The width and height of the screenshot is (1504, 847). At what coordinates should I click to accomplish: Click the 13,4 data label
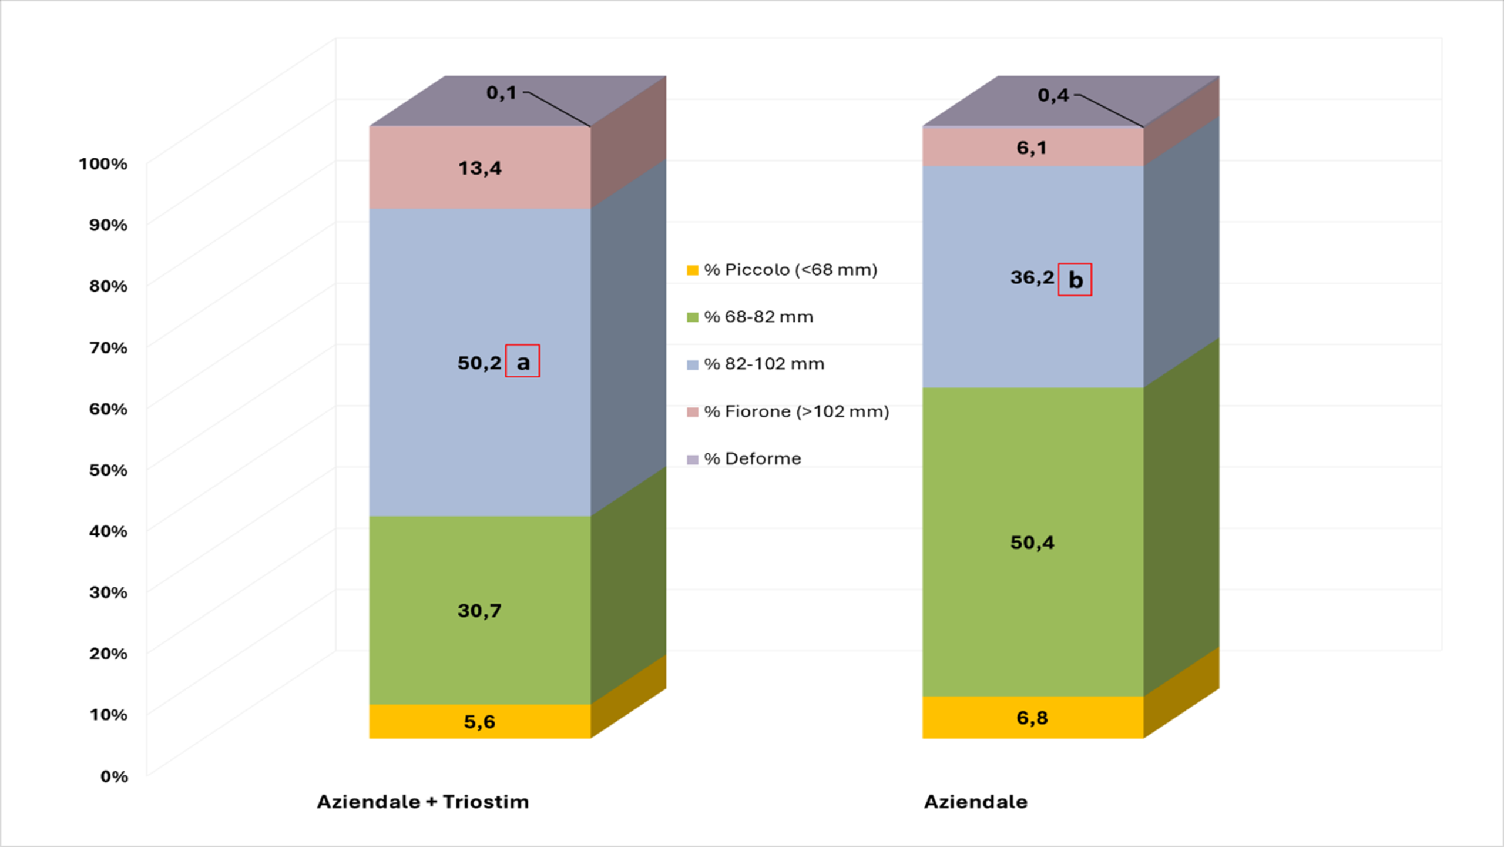(479, 169)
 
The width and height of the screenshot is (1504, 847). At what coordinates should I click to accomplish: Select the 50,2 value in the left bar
(479, 363)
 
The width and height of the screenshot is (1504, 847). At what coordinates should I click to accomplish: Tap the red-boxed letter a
(522, 361)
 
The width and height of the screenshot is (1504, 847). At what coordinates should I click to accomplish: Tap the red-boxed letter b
(1075, 280)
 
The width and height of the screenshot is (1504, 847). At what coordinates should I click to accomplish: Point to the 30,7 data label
(479, 611)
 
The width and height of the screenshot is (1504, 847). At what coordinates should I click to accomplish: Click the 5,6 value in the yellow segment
(479, 721)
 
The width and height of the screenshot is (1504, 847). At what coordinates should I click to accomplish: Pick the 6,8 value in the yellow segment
(1032, 718)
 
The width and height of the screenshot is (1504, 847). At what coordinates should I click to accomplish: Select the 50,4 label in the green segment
(1032, 542)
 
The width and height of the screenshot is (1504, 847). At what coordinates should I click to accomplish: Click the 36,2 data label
(1032, 277)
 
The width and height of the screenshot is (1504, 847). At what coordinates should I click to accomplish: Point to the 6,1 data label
(1032, 148)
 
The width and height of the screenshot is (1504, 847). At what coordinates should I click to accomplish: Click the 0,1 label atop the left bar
(501, 92)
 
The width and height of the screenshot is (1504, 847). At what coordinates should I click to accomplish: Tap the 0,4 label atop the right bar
(1053, 95)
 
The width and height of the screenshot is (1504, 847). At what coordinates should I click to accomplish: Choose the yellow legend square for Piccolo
(693, 270)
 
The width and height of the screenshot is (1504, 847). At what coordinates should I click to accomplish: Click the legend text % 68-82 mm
(758, 317)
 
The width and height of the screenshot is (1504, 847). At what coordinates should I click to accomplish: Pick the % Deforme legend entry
(752, 458)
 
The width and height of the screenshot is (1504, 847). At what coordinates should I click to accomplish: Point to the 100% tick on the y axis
(103, 163)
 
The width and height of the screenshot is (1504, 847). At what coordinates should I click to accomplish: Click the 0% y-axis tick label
(114, 776)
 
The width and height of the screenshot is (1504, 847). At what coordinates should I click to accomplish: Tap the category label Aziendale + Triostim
(422, 802)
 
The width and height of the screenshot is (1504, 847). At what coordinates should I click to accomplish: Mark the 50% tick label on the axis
(108, 470)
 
